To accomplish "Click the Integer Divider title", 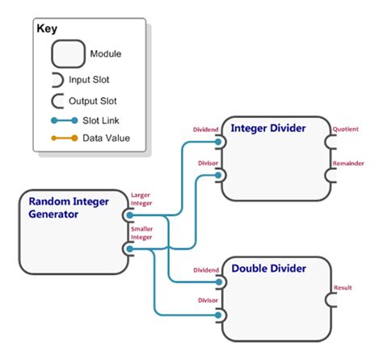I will [x=268, y=128].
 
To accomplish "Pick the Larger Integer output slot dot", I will [x=129, y=216].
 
